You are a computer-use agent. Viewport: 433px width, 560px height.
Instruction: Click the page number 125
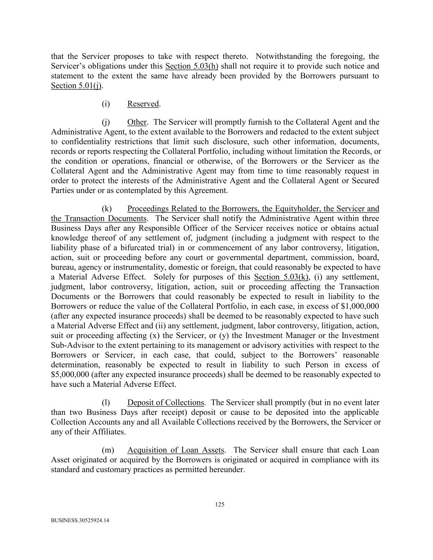220,505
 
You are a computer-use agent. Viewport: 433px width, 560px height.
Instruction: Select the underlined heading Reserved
143,104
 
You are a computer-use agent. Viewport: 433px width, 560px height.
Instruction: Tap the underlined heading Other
137,122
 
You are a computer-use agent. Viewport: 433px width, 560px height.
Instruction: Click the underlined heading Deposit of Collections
165,402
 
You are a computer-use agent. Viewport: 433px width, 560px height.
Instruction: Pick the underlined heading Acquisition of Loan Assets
176,450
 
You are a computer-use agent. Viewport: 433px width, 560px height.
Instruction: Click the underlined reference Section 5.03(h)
192,66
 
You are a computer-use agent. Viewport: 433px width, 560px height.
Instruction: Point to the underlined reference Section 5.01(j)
77,86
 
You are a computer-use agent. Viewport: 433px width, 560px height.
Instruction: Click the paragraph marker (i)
106,104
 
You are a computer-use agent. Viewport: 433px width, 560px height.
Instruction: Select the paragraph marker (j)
106,122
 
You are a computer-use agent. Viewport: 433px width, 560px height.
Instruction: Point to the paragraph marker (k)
107,208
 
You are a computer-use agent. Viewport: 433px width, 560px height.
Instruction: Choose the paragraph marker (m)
108,450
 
